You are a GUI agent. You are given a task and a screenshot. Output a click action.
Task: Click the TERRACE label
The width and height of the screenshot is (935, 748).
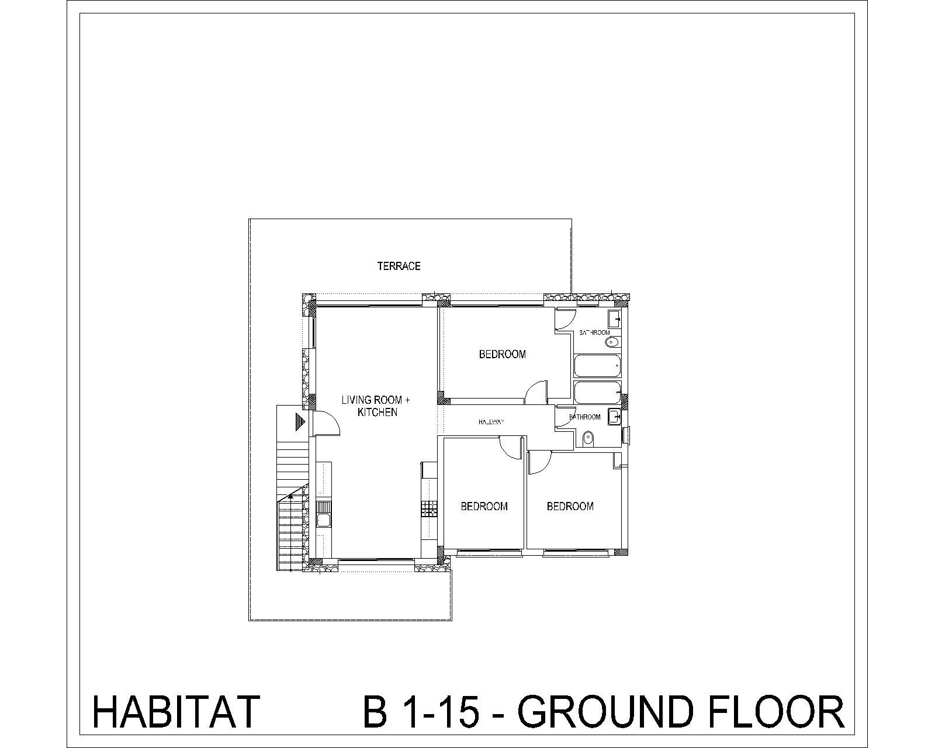tap(399, 266)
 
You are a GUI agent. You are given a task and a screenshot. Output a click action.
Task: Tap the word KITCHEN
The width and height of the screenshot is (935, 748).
tap(377, 412)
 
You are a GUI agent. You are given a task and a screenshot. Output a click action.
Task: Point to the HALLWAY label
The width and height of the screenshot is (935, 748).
tap(491, 421)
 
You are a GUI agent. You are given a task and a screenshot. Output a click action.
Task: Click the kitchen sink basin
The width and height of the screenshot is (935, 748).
tap(323, 520)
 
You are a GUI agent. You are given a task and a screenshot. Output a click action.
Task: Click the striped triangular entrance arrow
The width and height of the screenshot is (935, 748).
tap(300, 422)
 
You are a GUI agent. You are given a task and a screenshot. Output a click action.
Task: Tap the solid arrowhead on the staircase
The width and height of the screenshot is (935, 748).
tap(290, 496)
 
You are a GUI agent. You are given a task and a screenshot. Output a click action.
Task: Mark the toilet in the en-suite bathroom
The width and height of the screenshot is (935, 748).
tap(612, 342)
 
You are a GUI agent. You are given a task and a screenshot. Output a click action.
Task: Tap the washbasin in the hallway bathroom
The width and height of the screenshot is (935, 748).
tap(614, 417)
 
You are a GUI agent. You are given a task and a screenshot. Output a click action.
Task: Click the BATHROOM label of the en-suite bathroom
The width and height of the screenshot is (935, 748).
tap(594, 333)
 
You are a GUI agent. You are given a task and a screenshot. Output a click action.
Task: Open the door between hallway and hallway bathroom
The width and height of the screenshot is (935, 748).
tap(566, 417)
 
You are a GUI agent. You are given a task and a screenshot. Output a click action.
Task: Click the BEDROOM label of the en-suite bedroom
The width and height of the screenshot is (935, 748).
tap(502, 354)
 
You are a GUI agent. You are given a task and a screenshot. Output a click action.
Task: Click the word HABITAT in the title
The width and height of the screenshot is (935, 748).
tap(176, 711)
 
